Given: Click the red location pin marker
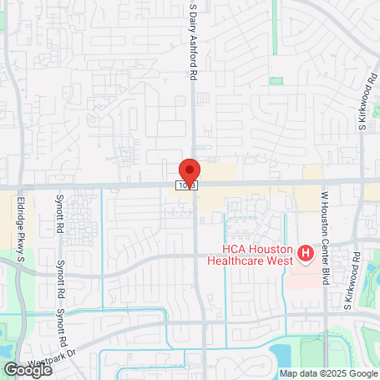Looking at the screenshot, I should coord(189,171).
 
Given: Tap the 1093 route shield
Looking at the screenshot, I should coord(186,185).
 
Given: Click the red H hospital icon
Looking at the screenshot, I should coord(306,252).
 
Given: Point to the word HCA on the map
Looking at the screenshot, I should coord(235,250).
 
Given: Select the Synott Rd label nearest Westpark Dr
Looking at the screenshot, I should coord(60,317).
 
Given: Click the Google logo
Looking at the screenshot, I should coord(27,369).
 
